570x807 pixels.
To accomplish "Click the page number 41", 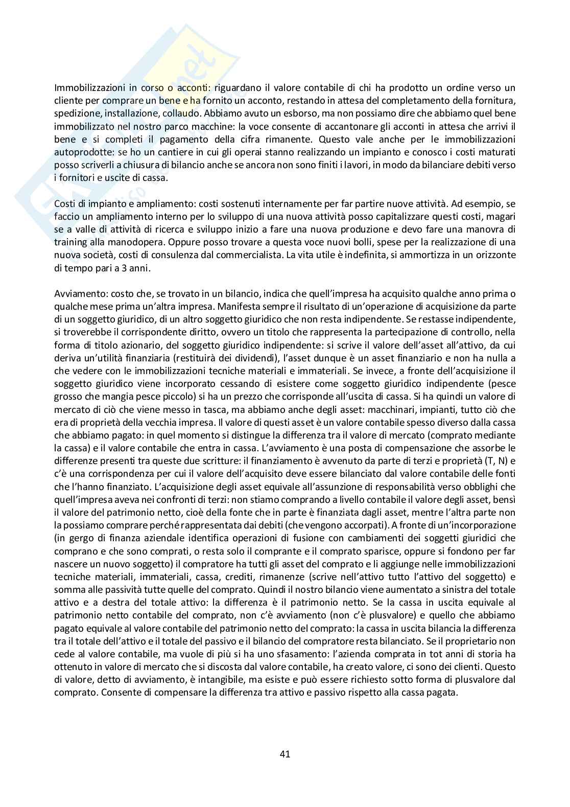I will [x=285, y=753].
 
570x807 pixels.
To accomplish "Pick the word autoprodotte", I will [x=78, y=152].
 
